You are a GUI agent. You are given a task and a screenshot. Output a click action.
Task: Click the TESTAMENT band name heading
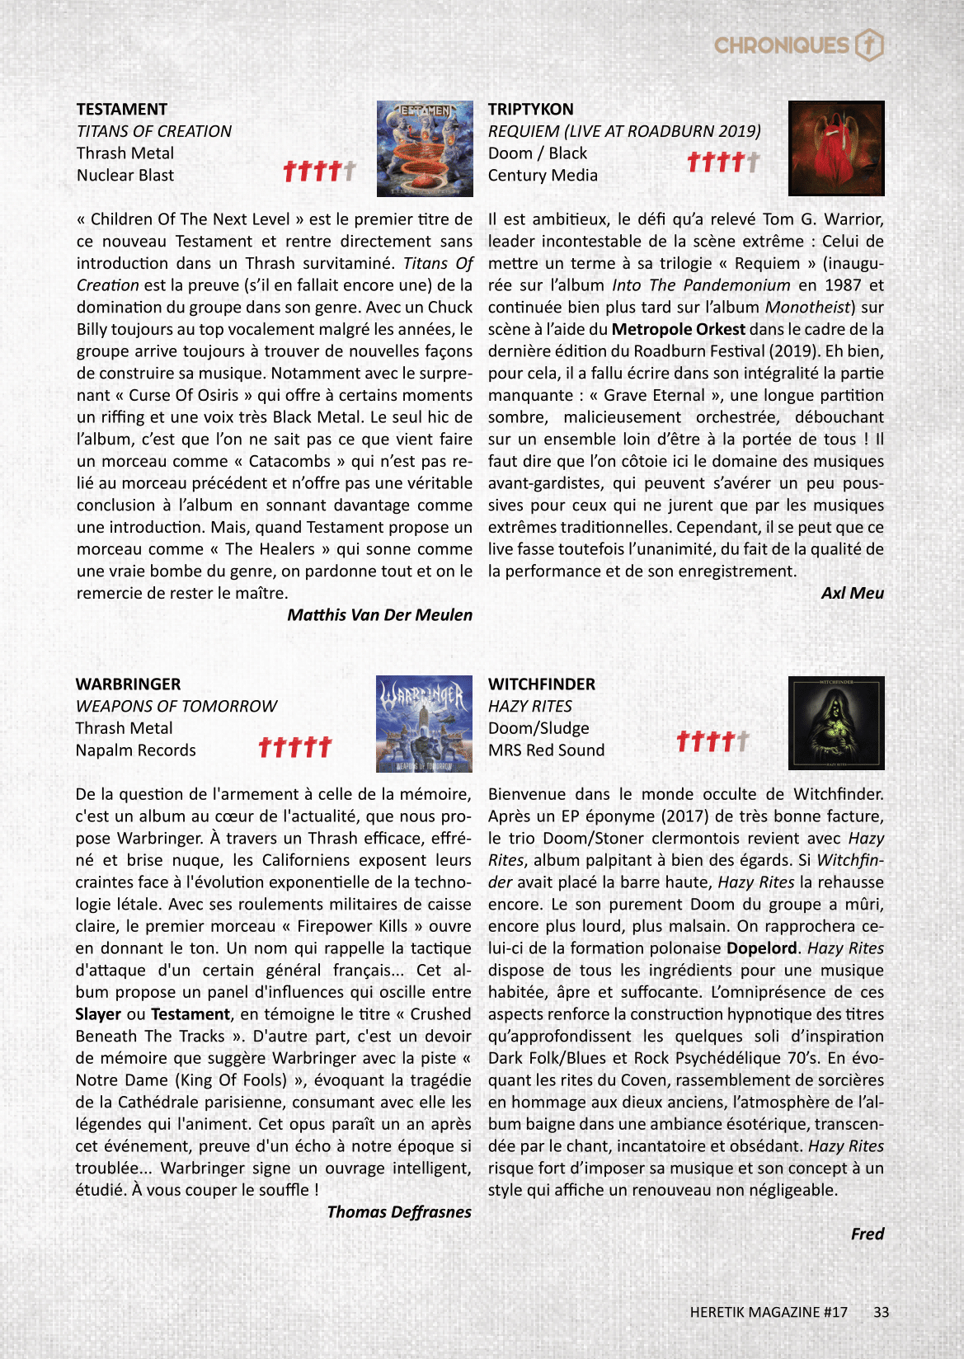pyautogui.click(x=122, y=110)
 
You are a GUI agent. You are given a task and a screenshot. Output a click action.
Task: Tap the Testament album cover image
pyautogui.click(x=425, y=149)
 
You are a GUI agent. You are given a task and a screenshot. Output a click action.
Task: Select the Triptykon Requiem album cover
pyautogui.click(x=836, y=148)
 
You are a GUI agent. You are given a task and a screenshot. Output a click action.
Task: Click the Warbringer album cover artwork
pyautogui.click(x=425, y=724)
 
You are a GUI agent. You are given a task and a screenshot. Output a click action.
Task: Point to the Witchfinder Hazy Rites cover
pyautogui.click(x=836, y=723)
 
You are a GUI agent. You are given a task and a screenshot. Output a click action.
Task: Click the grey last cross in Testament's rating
pyautogui.click(x=350, y=171)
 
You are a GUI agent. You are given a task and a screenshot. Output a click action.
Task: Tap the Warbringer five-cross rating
pyautogui.click(x=295, y=746)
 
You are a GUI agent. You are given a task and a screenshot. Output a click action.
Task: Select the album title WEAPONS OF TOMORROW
pyautogui.click(x=176, y=707)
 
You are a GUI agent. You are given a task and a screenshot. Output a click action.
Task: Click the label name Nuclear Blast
pyautogui.click(x=125, y=176)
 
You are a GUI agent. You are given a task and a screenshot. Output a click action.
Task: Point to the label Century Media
pyautogui.click(x=543, y=176)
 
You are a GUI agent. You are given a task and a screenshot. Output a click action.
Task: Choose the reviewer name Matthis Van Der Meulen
pyautogui.click(x=380, y=615)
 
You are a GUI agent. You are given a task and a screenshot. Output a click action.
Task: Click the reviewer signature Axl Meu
pyautogui.click(x=852, y=593)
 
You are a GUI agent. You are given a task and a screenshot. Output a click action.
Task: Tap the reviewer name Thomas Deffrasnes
pyautogui.click(x=399, y=1212)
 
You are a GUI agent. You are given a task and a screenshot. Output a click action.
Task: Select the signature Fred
pyautogui.click(x=867, y=1234)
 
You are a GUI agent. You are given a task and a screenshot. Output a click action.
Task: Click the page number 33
pyautogui.click(x=881, y=1312)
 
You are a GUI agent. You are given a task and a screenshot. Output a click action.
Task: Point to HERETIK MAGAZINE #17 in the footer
pyautogui.click(x=769, y=1312)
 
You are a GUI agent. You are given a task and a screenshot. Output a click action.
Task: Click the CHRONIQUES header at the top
pyautogui.click(x=781, y=45)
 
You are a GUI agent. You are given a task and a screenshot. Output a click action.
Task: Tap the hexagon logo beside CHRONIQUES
pyautogui.click(x=869, y=45)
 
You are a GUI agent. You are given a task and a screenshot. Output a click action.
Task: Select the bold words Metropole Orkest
pyautogui.click(x=678, y=329)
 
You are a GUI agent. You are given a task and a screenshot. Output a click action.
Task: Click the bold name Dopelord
pyautogui.click(x=762, y=948)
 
